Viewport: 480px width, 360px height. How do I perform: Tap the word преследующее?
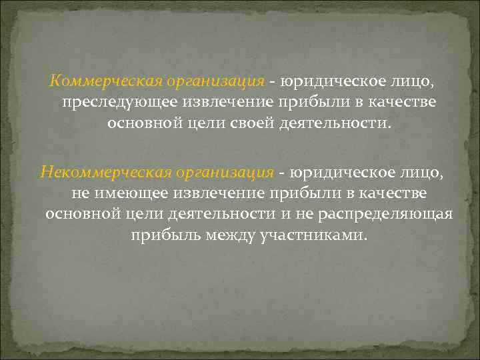pyautogui.click(x=107, y=103)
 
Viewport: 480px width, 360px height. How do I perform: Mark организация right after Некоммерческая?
pyautogui.click(x=229, y=173)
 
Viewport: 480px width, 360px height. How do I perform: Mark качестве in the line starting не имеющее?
pyautogui.click(x=393, y=194)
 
